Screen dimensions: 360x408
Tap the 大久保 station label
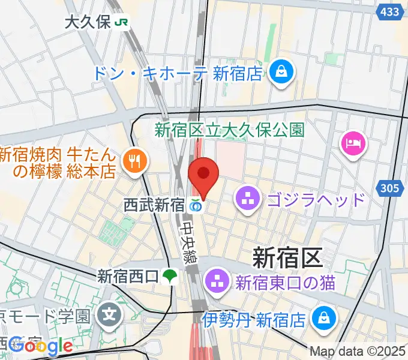[88, 22]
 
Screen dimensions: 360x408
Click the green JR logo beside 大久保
[123, 22]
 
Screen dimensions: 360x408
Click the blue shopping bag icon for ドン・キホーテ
[280, 73]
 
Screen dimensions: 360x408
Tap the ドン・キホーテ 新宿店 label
[178, 73]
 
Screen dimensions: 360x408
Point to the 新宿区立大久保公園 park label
[230, 129]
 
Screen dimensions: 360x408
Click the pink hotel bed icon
[350, 143]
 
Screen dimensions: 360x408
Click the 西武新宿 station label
[154, 205]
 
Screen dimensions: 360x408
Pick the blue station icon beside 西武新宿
[196, 205]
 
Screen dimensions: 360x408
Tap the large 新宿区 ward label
[287, 258]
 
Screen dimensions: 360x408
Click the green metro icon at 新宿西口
[170, 277]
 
